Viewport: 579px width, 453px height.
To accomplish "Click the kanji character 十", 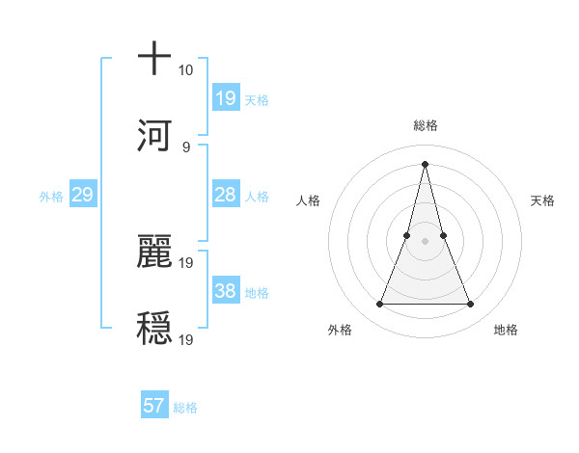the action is [154, 59].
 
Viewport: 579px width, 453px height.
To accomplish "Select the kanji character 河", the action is [154, 134].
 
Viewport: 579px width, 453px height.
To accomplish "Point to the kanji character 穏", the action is [154, 327].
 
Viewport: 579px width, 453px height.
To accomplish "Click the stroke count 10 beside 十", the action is [185, 70].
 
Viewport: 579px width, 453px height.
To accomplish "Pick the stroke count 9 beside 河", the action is [185, 147].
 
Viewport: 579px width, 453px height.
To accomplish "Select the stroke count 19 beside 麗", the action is [186, 262].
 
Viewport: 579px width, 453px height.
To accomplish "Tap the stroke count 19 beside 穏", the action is [186, 339].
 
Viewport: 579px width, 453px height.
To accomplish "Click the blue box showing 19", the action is [226, 97].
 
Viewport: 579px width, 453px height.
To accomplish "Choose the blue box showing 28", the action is [226, 195].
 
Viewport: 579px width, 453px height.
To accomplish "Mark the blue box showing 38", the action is [226, 291].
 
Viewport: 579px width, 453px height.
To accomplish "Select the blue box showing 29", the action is [83, 195].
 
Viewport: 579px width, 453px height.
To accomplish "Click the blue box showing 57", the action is [154, 406].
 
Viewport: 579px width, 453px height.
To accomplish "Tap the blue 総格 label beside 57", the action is [185, 408].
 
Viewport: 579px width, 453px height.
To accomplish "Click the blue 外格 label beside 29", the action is [51, 197].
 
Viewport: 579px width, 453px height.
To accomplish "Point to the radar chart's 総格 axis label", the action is [425, 125].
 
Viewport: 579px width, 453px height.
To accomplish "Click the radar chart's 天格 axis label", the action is [543, 200].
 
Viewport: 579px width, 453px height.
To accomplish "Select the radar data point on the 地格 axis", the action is [471, 305].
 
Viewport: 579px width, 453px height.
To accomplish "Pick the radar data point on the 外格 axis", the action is [379, 305].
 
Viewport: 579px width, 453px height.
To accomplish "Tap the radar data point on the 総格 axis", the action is [425, 164].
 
